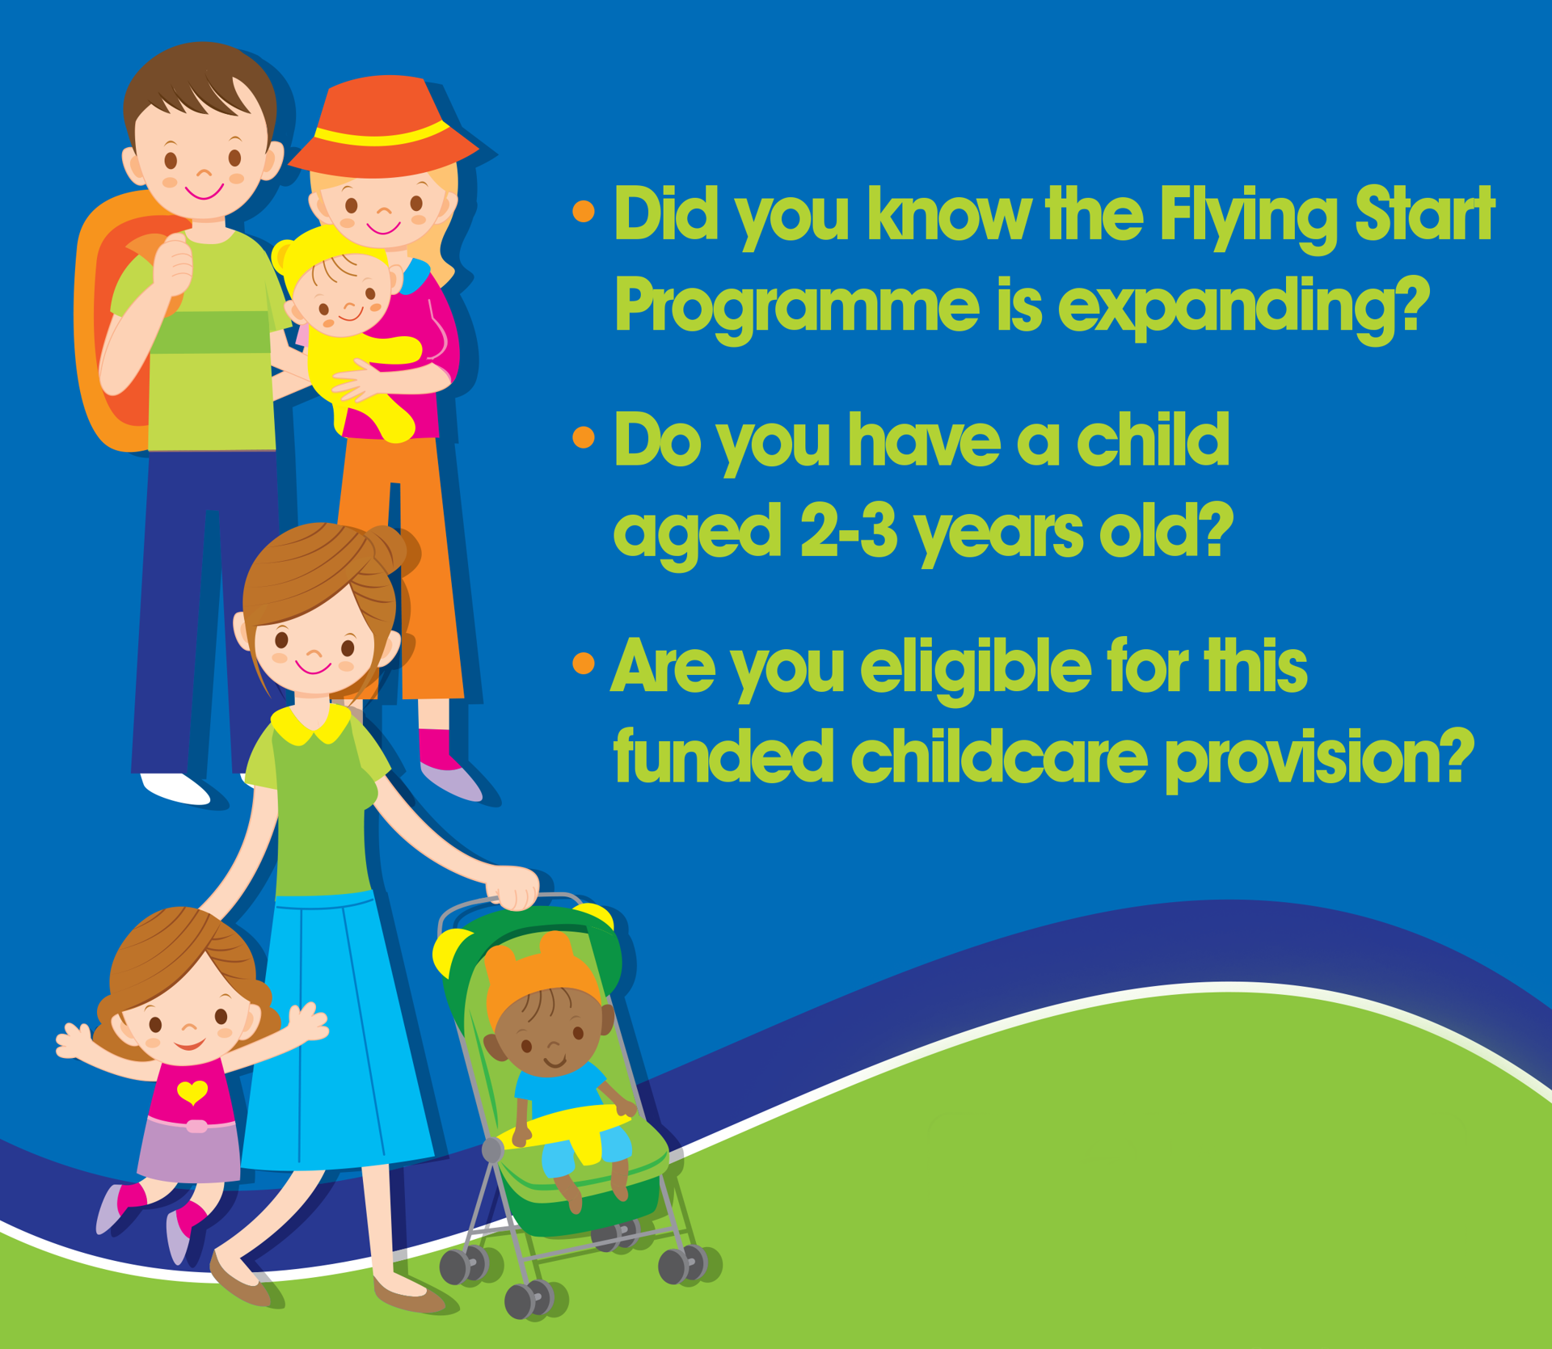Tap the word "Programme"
(796, 308)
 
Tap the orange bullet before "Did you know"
(583, 212)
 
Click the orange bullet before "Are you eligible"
(583, 664)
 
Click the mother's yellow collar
(311, 723)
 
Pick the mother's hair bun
(391, 549)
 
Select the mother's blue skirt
(339, 1035)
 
